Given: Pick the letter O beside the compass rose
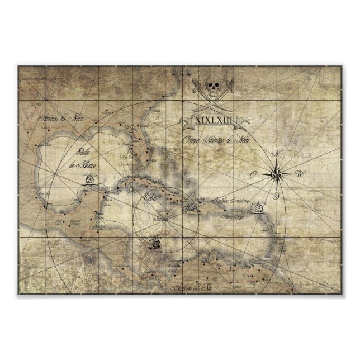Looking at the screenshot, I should pos(253,175).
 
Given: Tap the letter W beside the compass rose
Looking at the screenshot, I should pos(300,174).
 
